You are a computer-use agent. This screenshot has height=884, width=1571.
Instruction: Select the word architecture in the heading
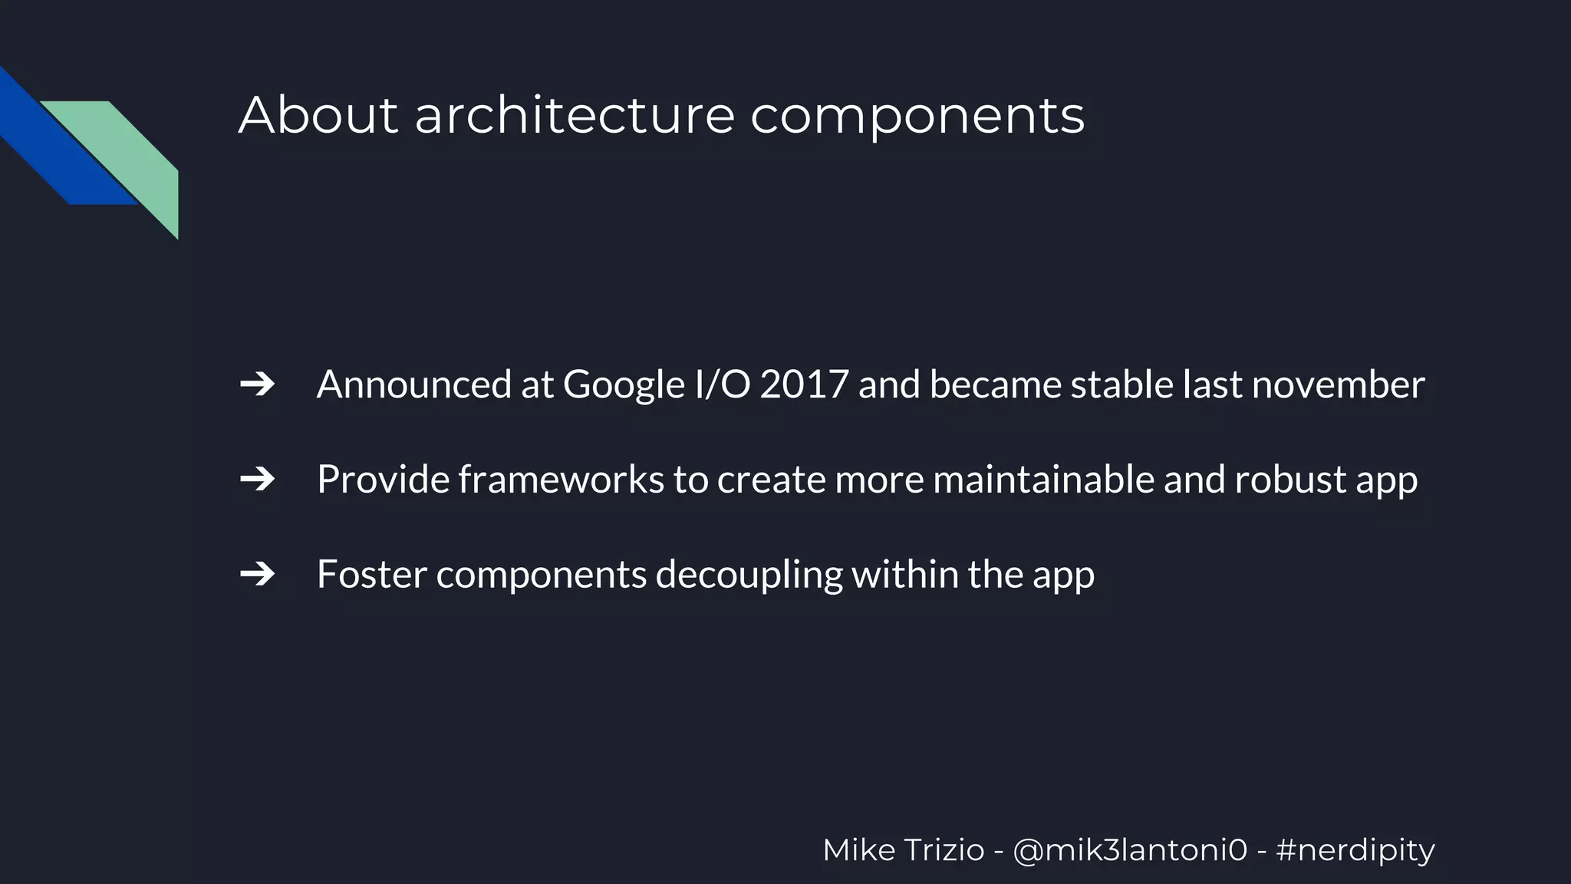point(575,115)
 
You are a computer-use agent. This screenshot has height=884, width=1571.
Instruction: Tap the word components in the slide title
point(917,117)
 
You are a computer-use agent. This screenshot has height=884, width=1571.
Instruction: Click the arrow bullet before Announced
point(258,384)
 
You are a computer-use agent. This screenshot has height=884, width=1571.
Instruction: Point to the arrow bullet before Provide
point(258,480)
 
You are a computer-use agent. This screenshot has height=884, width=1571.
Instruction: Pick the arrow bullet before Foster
point(258,574)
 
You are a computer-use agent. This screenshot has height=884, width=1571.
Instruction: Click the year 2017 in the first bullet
point(804,384)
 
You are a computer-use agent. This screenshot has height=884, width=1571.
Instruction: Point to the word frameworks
point(561,480)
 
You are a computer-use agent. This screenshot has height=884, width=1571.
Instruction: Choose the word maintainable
point(1043,480)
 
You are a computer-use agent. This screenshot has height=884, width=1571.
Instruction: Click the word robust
point(1289,480)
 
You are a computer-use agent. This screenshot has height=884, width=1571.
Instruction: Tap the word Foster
point(371,574)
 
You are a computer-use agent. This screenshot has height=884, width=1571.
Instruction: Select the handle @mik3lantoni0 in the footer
point(1130,850)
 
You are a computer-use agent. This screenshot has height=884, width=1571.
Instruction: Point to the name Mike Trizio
point(903,850)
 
